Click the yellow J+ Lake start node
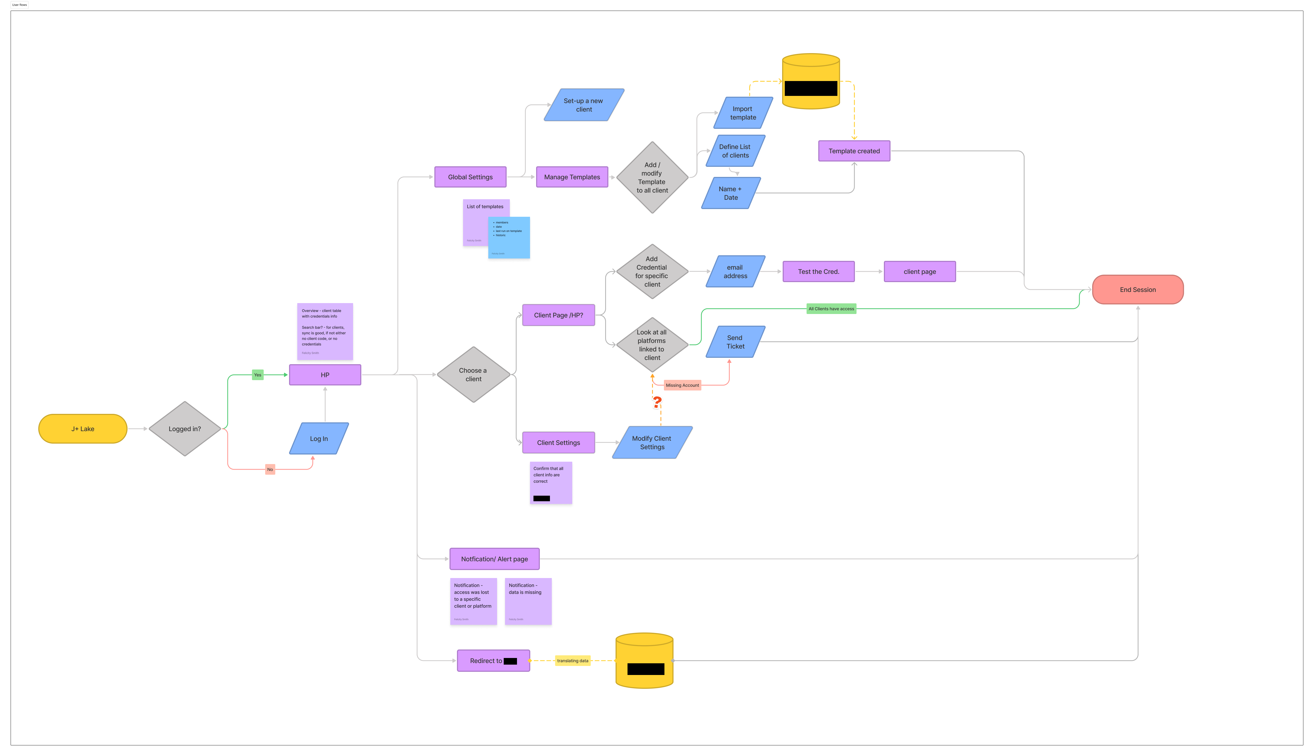[83, 429]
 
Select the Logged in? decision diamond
[185, 429]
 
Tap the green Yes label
[257, 375]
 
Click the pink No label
[270, 469]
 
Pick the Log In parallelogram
[319, 439]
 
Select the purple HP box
[325, 375]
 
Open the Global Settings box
[470, 177]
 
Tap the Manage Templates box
[572, 177]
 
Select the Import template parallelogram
[743, 113]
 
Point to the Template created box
[854, 151]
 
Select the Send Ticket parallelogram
[735, 342]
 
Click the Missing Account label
[682, 385]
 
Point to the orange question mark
[657, 402]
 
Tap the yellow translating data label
[573, 661]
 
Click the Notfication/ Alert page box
[494, 559]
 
